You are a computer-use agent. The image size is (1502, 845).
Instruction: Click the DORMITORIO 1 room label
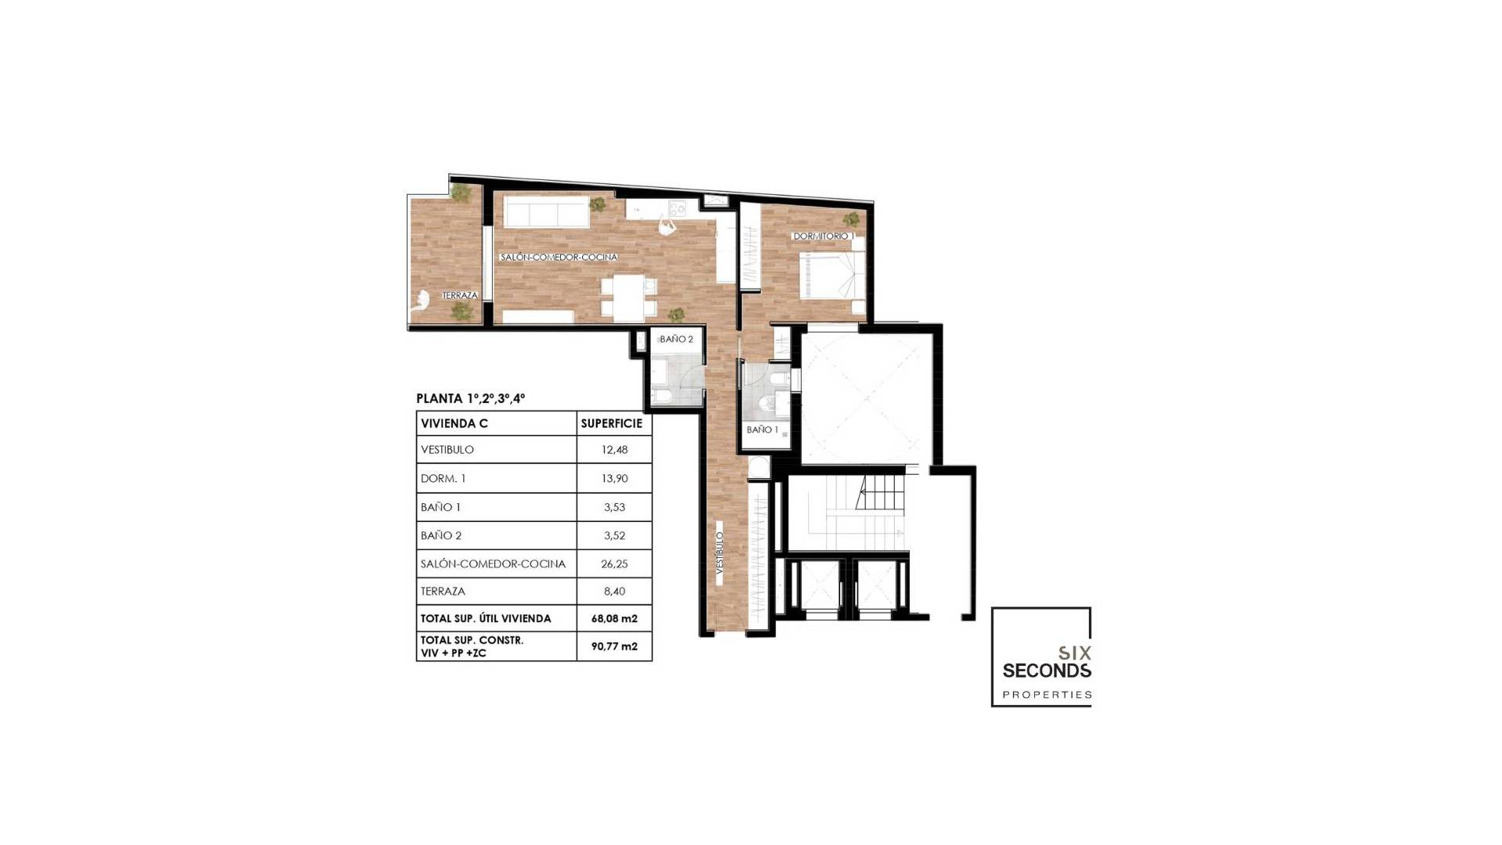[x=823, y=236]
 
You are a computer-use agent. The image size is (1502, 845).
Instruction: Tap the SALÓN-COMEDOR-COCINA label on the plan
[x=559, y=257]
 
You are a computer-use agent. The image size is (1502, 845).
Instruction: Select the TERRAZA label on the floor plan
[x=459, y=295]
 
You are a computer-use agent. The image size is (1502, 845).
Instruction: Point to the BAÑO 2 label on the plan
[x=676, y=339]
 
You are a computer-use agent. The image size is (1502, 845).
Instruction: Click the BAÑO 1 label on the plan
[x=762, y=430]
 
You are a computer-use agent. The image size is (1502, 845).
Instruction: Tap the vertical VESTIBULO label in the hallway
[x=720, y=553]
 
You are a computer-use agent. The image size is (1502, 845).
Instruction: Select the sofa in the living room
[x=546, y=211]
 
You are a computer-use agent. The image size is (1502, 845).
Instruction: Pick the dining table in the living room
[x=628, y=297]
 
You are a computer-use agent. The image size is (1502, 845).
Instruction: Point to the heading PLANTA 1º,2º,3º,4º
[x=470, y=398]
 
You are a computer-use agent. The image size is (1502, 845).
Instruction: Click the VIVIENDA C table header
[x=454, y=423]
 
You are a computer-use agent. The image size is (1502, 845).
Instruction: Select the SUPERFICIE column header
[x=611, y=423]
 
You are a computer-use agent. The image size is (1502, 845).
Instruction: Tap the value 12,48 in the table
[x=614, y=450]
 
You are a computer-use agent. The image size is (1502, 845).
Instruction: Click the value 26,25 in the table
[x=614, y=563]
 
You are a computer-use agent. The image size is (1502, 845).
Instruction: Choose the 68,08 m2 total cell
[x=614, y=618]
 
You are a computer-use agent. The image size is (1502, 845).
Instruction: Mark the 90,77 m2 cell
[x=614, y=646]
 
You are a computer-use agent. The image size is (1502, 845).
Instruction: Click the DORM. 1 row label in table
[x=443, y=478]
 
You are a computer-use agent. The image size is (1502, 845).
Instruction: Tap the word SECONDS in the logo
[x=1046, y=671]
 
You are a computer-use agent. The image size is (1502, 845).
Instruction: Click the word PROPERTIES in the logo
[x=1047, y=695]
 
